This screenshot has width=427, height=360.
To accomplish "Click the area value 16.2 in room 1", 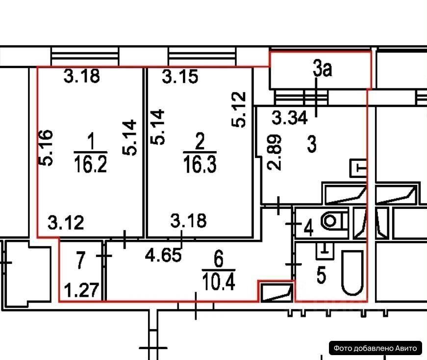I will (x=91, y=164).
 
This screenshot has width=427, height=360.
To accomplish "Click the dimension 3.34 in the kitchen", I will (x=290, y=118).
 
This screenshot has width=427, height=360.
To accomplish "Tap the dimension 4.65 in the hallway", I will (x=165, y=255).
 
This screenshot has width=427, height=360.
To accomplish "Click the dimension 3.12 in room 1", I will (x=66, y=224).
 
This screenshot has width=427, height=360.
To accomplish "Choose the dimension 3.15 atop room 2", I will (x=180, y=77).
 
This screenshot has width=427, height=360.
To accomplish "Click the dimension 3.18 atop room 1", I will (x=82, y=77).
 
